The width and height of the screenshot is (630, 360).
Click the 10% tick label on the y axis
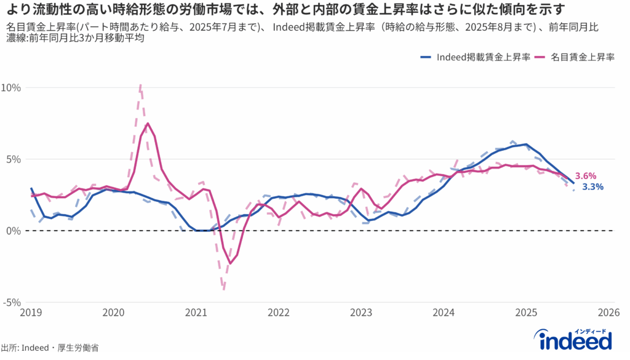11,87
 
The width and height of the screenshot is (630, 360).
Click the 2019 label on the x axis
31,313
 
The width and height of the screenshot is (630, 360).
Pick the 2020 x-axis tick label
113,313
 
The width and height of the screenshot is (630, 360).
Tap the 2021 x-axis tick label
196,313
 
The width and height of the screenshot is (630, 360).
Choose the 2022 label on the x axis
278,313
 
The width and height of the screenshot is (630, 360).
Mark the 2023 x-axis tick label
361,313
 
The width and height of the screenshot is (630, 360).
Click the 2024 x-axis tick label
444,313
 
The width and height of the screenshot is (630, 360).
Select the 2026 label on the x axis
607,313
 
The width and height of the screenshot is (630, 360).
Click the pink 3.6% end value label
586,176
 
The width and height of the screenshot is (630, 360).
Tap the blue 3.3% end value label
593,186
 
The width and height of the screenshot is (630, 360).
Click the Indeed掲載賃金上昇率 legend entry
476,57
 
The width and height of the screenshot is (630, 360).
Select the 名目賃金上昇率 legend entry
576,57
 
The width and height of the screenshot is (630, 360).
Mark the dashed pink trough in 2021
223,289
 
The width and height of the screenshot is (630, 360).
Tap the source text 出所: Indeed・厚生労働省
50,348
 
